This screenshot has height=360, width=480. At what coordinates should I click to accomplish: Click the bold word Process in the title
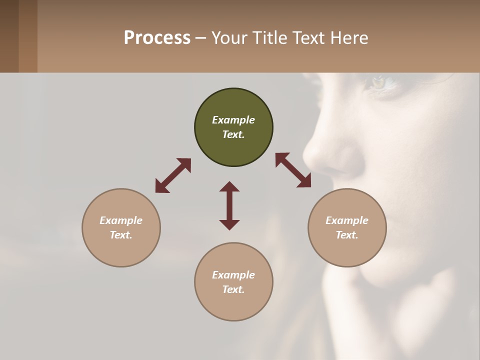coord(157,38)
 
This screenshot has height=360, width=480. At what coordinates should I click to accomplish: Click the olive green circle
coord(233,127)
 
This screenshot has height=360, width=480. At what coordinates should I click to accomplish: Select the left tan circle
coord(121,227)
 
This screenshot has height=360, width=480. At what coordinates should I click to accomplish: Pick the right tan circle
coord(347,227)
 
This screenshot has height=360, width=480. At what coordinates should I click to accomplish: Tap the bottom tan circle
coord(233,281)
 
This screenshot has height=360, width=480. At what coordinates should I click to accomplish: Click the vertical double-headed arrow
coord(229,205)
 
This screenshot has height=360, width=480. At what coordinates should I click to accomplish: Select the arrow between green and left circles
coord(173,175)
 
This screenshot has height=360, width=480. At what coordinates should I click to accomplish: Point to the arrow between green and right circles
coord(293,170)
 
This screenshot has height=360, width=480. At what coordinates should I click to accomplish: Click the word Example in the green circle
coord(233,120)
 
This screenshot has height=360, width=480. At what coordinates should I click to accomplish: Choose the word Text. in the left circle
coord(121,235)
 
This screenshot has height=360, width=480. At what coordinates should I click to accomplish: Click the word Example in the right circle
coord(347,220)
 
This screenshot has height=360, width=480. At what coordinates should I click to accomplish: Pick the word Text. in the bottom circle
coord(233,289)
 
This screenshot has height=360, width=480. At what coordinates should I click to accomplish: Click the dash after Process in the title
coord(200,38)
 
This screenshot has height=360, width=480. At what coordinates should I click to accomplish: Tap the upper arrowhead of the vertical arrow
coord(229,186)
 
